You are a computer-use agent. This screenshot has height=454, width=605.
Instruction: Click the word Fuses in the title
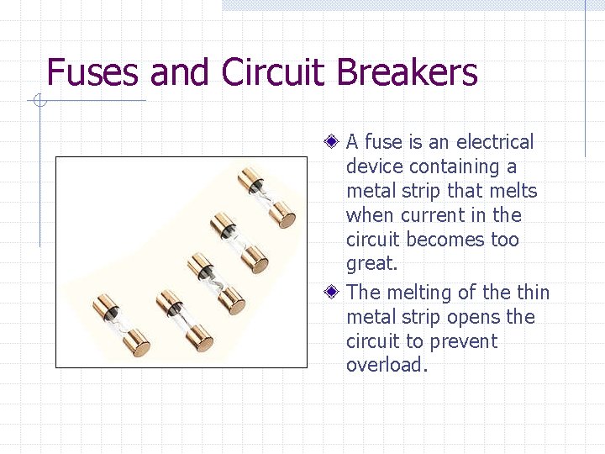92,72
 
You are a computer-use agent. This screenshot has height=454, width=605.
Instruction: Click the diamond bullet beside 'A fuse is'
333,141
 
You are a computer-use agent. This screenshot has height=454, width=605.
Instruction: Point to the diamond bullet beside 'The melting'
333,293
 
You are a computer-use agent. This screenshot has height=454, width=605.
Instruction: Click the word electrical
494,142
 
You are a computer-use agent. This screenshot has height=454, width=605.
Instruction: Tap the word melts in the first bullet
512,191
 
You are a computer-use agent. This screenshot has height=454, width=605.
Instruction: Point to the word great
371,264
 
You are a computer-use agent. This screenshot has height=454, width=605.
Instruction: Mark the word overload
387,365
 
